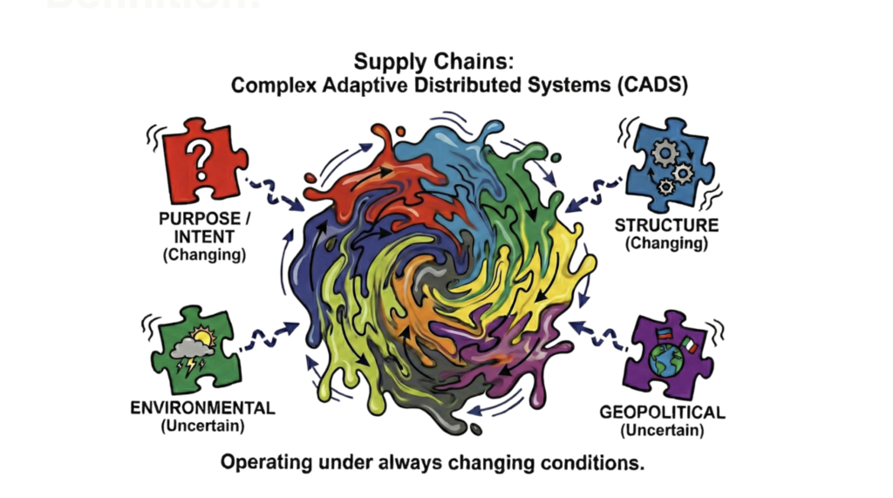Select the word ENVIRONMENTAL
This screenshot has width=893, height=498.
203,408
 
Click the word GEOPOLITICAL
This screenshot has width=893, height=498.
663,412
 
